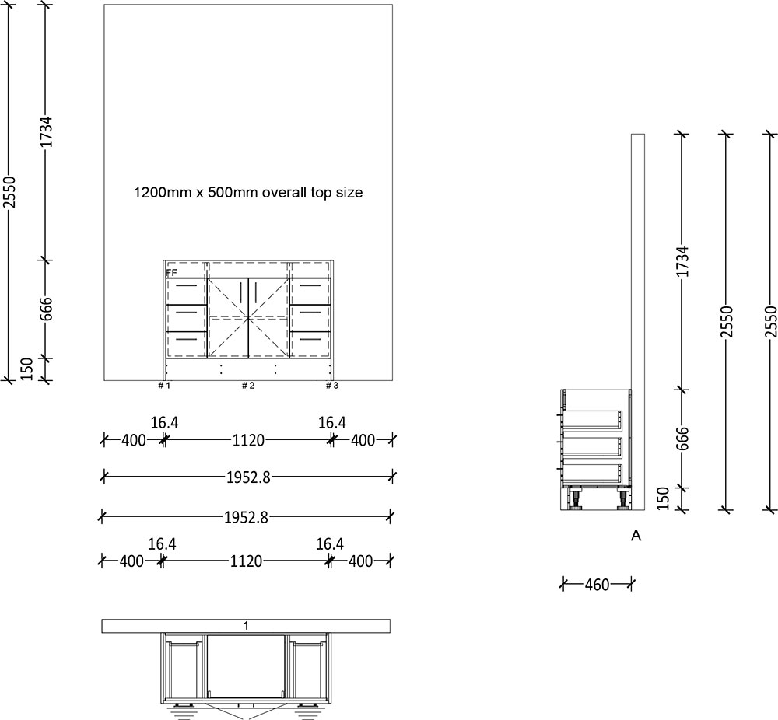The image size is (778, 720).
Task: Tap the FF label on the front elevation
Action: [171, 273]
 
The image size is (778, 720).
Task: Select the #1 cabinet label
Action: [164, 386]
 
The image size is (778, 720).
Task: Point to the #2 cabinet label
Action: [248, 386]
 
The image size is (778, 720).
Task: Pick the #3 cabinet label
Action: [332, 386]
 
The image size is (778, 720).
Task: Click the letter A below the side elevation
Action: [636, 536]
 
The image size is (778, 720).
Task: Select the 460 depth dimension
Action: [597, 583]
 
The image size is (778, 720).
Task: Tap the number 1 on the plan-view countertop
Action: [247, 626]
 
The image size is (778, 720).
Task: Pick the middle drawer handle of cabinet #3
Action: [310, 312]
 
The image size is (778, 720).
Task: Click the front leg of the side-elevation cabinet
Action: [576, 498]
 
